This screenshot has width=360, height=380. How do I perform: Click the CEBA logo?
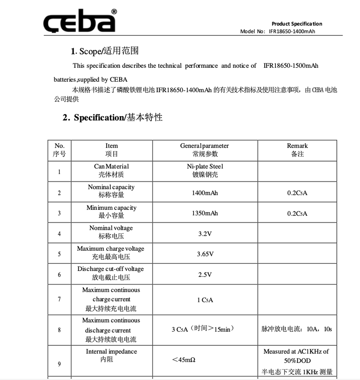pyautogui.click(x=79, y=22)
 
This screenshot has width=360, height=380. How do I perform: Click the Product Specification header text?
pyautogui.click(x=297, y=24)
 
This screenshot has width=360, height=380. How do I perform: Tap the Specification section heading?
pyautogui.click(x=112, y=117)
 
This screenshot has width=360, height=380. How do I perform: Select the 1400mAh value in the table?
pyautogui.click(x=205, y=193)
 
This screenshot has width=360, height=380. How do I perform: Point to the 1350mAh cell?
pyautogui.click(x=205, y=213)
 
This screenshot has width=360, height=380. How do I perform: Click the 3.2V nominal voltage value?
pyautogui.click(x=205, y=234)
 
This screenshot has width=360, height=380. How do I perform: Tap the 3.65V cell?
pyautogui.click(x=205, y=254)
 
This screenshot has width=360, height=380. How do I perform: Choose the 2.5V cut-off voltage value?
pyautogui.click(x=205, y=275)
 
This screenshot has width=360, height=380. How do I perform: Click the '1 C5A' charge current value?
pyautogui.click(x=205, y=300)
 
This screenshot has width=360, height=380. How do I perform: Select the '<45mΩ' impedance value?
pyautogui.click(x=184, y=360)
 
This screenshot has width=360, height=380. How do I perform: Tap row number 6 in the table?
pyautogui.click(x=59, y=275)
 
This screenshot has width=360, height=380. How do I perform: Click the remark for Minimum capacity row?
pyautogui.click(x=297, y=214)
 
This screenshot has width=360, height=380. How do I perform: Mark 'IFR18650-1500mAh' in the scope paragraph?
pyautogui.click(x=291, y=66)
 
